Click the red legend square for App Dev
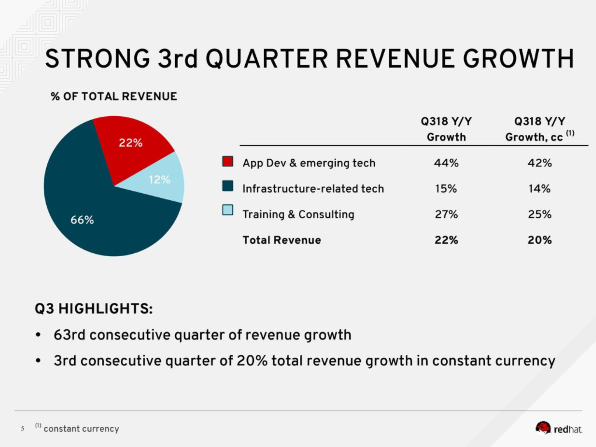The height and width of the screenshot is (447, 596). click(x=228, y=162)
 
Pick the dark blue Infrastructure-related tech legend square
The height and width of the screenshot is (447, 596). click(x=228, y=188)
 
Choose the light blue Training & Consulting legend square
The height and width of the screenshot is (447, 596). click(x=228, y=214)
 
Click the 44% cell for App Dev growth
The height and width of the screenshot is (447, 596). click(x=446, y=163)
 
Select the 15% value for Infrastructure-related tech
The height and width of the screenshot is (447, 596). click(x=446, y=188)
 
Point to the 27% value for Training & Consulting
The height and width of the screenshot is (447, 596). click(x=446, y=214)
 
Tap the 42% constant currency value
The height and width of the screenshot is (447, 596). click(x=539, y=163)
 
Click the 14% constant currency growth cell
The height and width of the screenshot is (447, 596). click(x=539, y=188)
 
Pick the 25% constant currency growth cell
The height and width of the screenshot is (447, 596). click(x=539, y=214)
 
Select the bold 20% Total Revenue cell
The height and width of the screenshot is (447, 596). click(x=539, y=240)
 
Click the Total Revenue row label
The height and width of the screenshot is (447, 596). click(x=281, y=240)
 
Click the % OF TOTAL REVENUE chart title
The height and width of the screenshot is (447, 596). click(x=114, y=96)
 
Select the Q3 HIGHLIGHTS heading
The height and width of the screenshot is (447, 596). click(x=94, y=308)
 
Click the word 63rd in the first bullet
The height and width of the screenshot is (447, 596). click(x=69, y=335)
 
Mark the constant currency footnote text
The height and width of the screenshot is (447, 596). click(x=81, y=429)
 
